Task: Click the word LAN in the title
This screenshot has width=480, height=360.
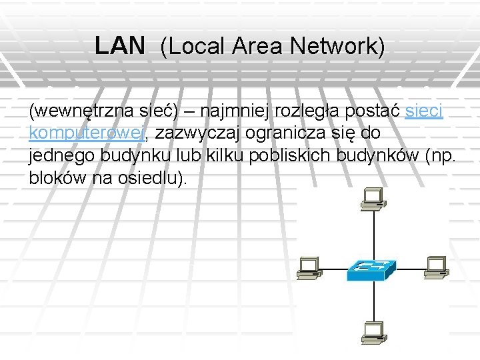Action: coord(119,46)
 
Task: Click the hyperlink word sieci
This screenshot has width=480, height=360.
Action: coord(424,111)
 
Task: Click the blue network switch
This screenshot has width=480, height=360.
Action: coord(370,269)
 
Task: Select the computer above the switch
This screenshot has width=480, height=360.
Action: coord(371,197)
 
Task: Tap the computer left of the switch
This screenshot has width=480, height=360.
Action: coord(309,267)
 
